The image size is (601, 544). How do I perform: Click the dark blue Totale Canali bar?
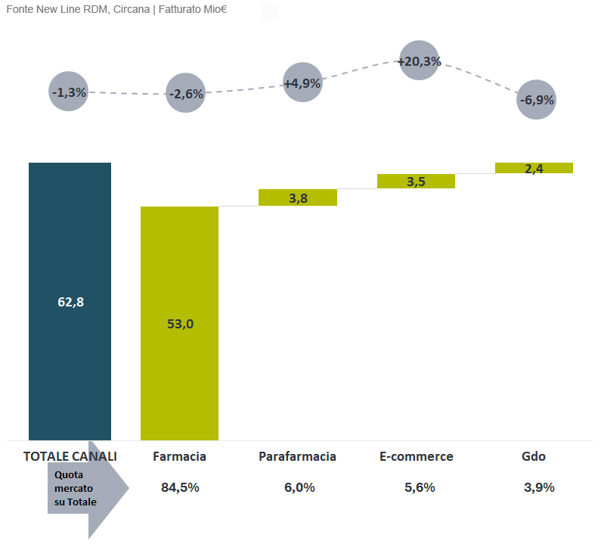[70, 300]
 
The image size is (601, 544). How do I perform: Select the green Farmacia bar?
[179, 323]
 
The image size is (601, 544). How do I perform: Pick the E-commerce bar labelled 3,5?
[416, 181]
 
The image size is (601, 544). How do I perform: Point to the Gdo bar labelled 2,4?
[534, 168]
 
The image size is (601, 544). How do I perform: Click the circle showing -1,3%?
[68, 92]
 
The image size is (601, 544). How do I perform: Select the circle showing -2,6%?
[185, 93]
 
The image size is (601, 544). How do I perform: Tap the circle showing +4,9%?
[302, 82]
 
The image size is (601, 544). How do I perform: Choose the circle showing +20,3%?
[420, 61]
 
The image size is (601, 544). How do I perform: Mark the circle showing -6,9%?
[537, 99]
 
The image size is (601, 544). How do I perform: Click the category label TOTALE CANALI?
[70, 456]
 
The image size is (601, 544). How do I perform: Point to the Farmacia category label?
[179, 456]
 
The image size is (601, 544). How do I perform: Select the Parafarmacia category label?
[297, 456]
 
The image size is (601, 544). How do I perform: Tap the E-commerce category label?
[417, 456]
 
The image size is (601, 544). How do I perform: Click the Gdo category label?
[534, 456]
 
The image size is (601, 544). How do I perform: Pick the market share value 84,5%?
[180, 487]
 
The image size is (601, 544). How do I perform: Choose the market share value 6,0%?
[299, 487]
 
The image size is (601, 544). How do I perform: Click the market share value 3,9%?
[539, 487]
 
